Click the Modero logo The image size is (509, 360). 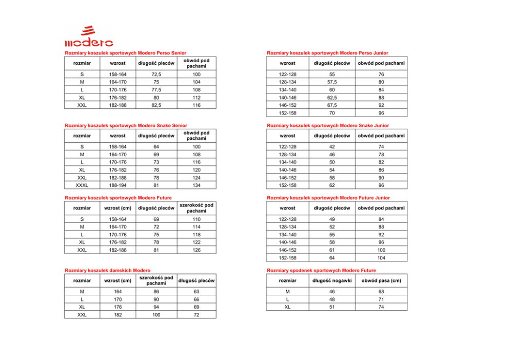[x=89, y=36]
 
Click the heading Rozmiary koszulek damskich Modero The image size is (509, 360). [x=107, y=270]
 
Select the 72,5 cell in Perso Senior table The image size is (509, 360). [x=156, y=74]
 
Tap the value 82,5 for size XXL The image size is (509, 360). [x=156, y=105]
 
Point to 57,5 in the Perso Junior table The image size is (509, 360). [x=332, y=82]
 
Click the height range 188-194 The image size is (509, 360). [x=118, y=185]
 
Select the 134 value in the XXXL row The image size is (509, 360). [x=197, y=185]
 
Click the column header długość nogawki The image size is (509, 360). [x=332, y=280]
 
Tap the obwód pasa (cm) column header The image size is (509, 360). [x=381, y=280]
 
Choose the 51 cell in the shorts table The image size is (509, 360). [x=332, y=307]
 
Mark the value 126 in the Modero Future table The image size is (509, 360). [x=197, y=250]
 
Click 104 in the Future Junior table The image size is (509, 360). [x=381, y=258]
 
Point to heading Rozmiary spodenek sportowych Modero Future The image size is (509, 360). [x=321, y=270]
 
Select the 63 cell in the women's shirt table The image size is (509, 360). [x=197, y=292]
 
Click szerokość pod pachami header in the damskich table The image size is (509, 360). [x=156, y=280]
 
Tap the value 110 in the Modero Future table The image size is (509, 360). [x=197, y=219]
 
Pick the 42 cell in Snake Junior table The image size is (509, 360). [x=332, y=147]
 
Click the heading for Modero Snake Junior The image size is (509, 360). [x=328, y=125]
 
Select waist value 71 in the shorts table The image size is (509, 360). [x=381, y=299]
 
